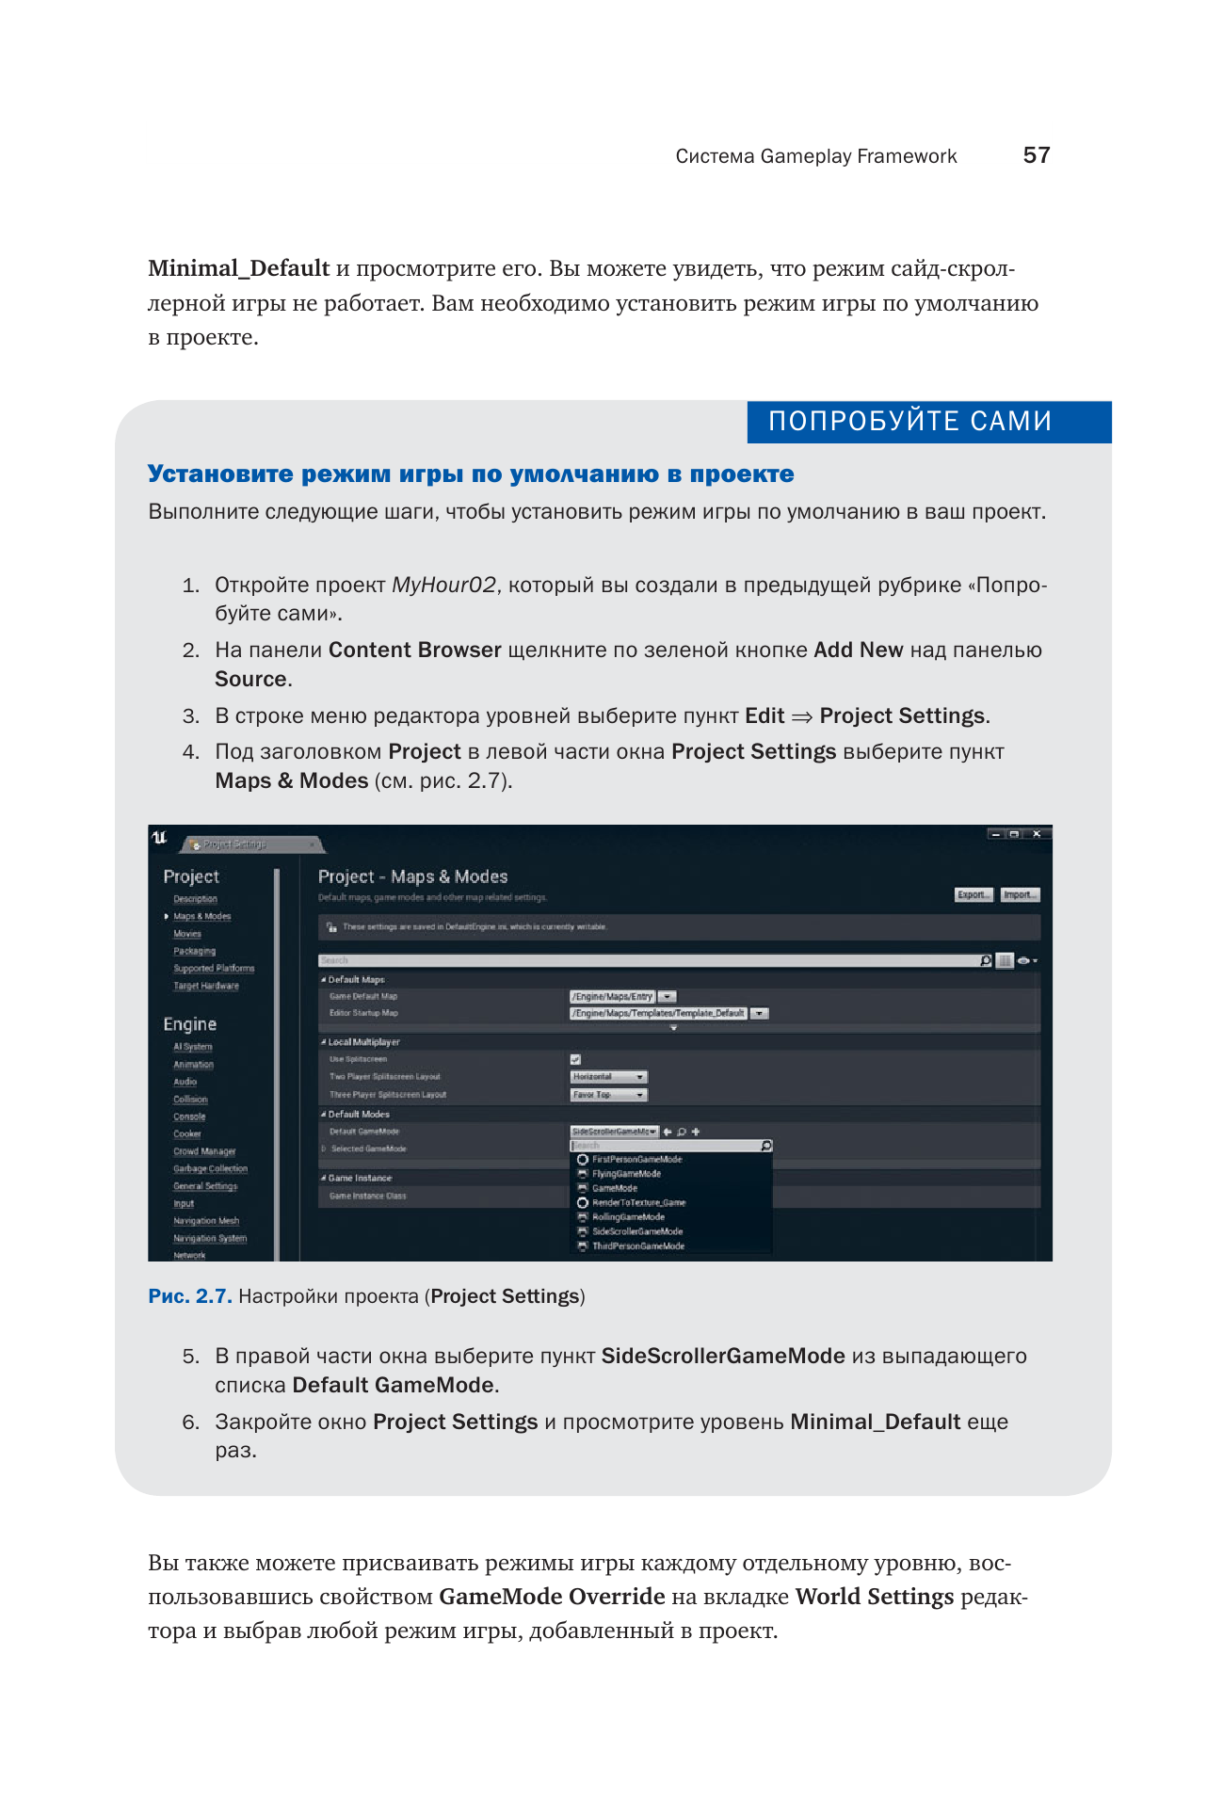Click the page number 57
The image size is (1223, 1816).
(x=1036, y=155)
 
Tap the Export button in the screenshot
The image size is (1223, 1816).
(x=973, y=894)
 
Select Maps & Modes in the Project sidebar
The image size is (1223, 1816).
(x=201, y=916)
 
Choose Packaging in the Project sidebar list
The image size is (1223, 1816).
(x=194, y=951)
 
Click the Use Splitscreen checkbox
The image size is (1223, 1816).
(x=575, y=1059)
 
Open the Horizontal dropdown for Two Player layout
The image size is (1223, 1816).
(x=609, y=1077)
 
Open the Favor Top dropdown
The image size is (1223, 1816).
(x=609, y=1095)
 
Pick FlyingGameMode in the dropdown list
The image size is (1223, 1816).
(x=626, y=1174)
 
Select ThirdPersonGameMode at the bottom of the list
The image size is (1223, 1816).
(x=637, y=1245)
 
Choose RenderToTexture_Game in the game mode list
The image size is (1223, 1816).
(x=638, y=1202)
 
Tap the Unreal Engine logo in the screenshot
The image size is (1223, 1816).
(x=160, y=837)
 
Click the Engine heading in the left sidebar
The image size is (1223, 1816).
(x=189, y=1024)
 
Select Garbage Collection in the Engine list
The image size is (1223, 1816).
(x=210, y=1168)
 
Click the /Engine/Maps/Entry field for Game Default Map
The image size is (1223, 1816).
(x=612, y=996)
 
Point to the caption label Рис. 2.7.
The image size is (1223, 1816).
(x=189, y=1296)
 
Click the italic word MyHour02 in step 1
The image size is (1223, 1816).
(x=443, y=585)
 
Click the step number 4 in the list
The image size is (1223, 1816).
(x=191, y=752)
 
